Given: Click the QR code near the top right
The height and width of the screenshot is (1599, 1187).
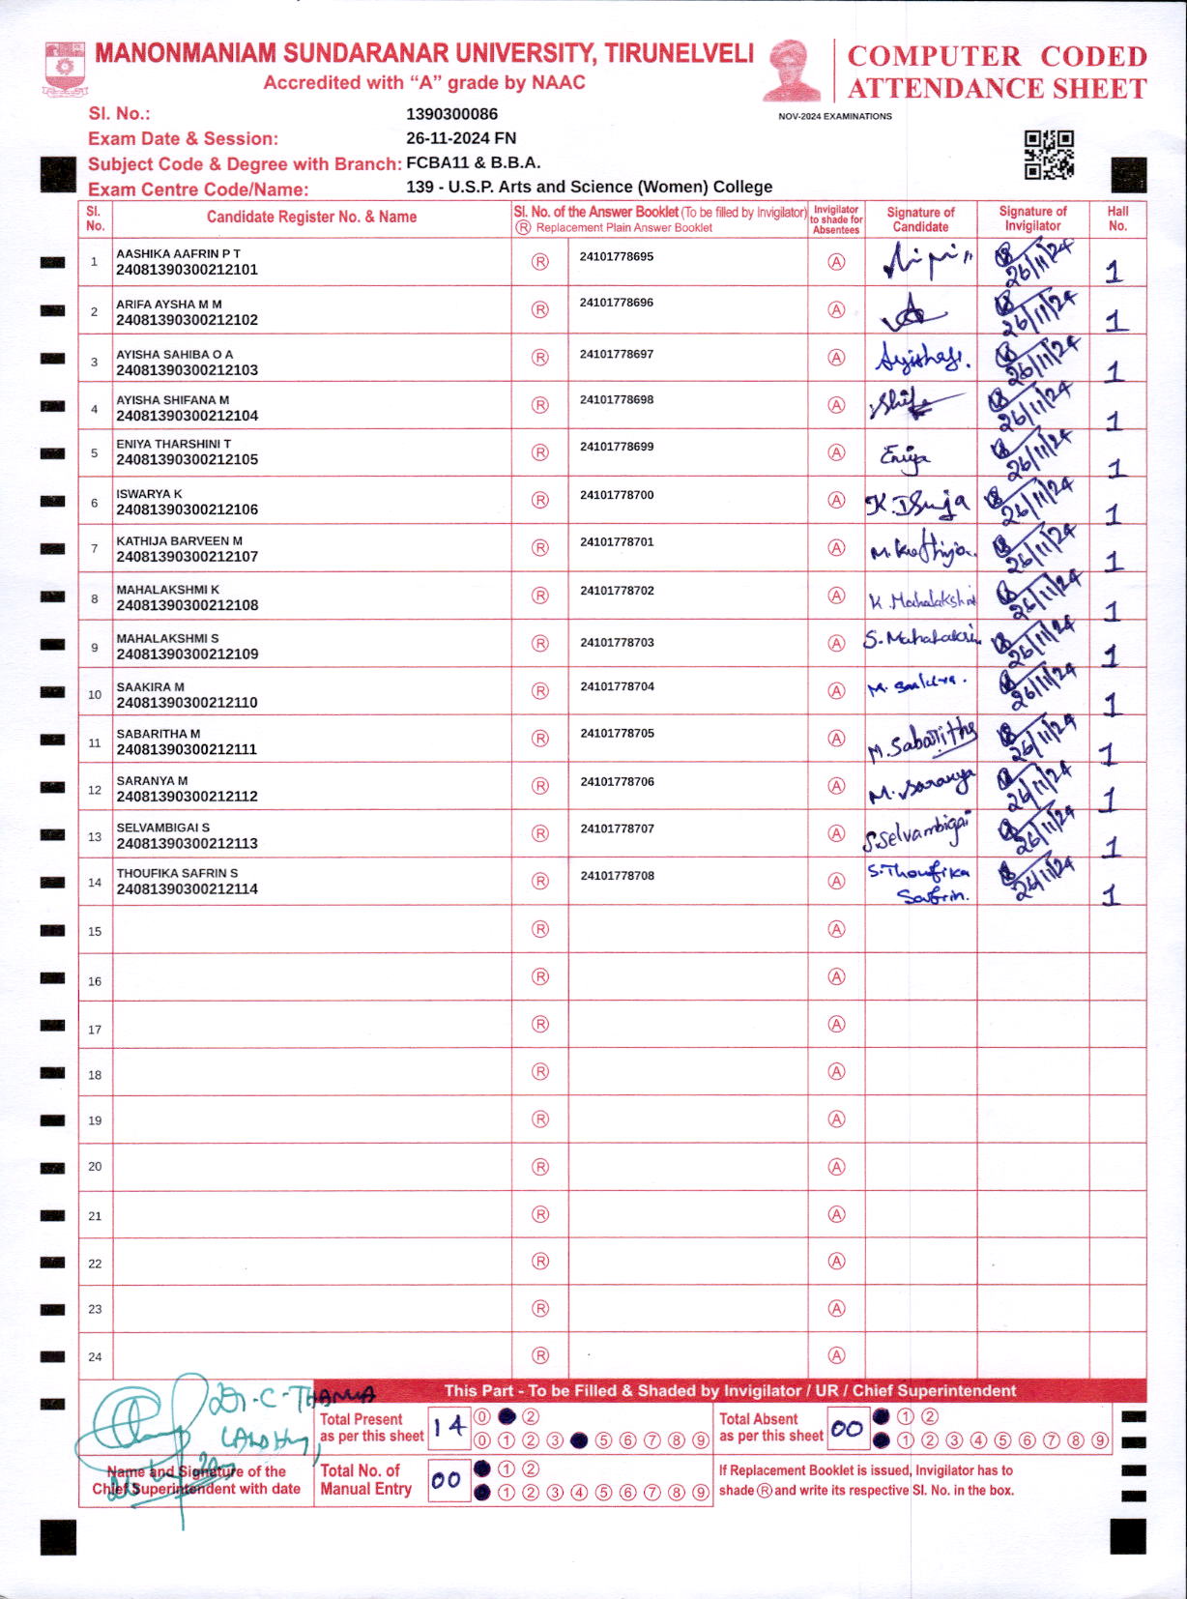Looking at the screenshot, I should click(x=1049, y=155).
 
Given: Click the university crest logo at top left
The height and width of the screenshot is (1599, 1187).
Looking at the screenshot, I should click(x=64, y=68).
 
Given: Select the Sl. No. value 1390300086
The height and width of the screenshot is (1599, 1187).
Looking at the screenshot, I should click(x=451, y=114).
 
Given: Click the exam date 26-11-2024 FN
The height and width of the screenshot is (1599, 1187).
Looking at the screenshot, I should click(x=461, y=138).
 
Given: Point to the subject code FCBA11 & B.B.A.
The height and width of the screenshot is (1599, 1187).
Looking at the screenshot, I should click(x=473, y=162).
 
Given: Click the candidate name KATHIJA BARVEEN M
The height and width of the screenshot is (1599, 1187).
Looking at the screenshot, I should click(x=180, y=541).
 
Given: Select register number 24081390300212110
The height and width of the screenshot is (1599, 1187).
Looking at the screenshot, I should click(x=187, y=703).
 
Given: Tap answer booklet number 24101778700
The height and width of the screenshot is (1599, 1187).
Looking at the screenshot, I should click(x=617, y=495).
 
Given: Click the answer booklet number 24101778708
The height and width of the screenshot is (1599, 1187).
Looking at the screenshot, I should click(x=617, y=876).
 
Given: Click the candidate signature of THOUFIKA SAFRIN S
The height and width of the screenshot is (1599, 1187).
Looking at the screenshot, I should click(x=918, y=882).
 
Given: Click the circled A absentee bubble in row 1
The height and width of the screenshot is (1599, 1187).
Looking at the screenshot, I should click(x=837, y=262).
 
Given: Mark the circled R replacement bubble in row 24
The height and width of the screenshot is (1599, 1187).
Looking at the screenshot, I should click(x=540, y=1355).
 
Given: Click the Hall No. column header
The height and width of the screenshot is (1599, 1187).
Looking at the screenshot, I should click(x=1117, y=218).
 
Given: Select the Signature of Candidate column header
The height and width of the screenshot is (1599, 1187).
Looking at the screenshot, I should click(x=920, y=219).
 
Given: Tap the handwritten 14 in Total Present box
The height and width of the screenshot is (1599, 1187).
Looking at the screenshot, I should click(x=449, y=1427).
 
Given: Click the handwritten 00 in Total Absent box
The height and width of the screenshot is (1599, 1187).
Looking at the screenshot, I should click(x=847, y=1428).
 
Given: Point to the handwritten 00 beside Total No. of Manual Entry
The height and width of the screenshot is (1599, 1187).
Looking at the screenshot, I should click(x=447, y=1480).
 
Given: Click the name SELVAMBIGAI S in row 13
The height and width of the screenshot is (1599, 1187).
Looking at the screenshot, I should click(x=163, y=828).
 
